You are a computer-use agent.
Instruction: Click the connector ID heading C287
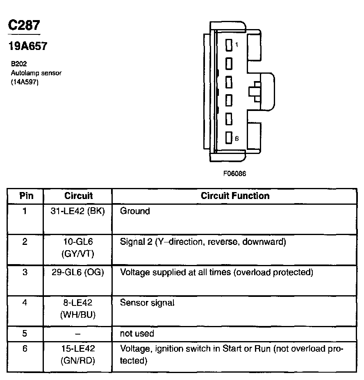tap(24, 25)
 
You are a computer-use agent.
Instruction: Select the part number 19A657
tap(28, 46)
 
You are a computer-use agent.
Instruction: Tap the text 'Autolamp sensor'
tap(36, 73)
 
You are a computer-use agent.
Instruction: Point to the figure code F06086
tap(234, 173)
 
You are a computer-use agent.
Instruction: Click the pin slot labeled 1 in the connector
tap(229, 44)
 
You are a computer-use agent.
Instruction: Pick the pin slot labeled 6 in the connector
tap(229, 138)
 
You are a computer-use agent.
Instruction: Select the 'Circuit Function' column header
tap(235, 196)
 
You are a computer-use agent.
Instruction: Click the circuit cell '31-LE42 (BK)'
tap(78, 211)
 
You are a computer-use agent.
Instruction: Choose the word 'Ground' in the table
tap(135, 211)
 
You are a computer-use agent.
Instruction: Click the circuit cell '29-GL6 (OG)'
tap(78, 272)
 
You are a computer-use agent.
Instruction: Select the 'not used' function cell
tap(137, 334)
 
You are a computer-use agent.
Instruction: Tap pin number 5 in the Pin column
tap(25, 334)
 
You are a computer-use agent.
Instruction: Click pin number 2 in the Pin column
tap(25, 242)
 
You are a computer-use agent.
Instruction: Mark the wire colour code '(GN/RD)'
tap(78, 361)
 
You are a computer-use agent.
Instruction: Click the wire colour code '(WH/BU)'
tap(78, 315)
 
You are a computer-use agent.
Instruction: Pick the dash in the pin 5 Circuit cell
tap(78, 334)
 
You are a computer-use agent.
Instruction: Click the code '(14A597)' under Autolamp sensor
tap(25, 81)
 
